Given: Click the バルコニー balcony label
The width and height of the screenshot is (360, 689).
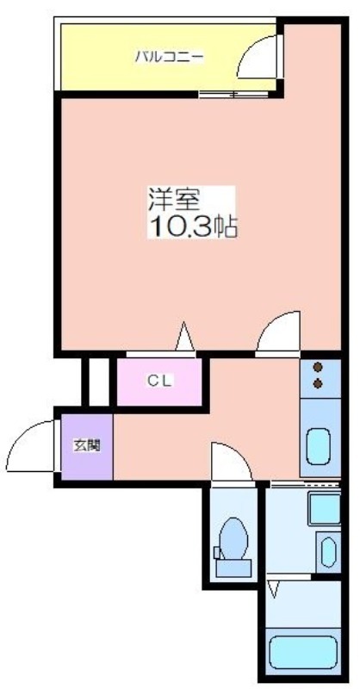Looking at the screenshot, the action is click(x=169, y=57).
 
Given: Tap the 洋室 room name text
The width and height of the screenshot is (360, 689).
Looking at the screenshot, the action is click(x=174, y=200).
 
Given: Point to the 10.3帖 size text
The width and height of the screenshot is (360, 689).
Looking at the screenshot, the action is click(x=194, y=227).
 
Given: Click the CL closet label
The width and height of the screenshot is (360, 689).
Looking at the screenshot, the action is click(x=160, y=381).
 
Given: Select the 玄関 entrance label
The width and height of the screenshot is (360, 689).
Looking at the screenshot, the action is click(x=87, y=445).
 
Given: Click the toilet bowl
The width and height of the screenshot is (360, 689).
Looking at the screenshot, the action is click(x=233, y=537).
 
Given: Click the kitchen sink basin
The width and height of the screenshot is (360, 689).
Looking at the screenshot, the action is click(x=319, y=446).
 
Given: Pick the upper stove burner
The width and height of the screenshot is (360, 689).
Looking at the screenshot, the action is click(x=318, y=367).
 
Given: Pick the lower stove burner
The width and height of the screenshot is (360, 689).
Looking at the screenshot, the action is click(x=318, y=383).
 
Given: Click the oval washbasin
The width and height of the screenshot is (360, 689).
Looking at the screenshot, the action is click(x=328, y=552).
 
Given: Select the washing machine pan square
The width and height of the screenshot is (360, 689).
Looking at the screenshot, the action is click(x=325, y=509).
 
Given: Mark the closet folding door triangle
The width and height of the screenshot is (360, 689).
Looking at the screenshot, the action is click(x=185, y=336).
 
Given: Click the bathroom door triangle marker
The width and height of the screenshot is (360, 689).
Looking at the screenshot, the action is click(x=274, y=588).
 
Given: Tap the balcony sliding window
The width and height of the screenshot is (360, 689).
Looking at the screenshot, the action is click(x=233, y=94).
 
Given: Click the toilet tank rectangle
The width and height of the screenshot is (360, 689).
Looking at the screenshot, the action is click(x=233, y=568).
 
